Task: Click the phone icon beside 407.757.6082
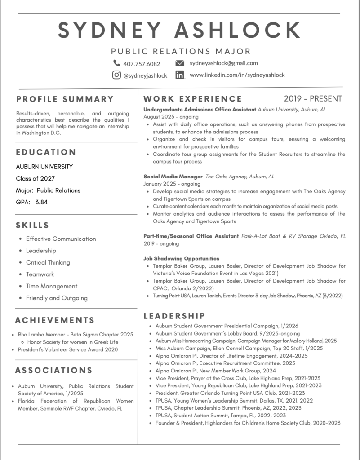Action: click(117, 63)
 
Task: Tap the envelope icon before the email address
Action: click(180, 63)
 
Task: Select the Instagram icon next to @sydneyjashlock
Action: click(116, 75)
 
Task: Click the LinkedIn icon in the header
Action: click(180, 75)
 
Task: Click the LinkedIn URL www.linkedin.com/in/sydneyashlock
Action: click(237, 75)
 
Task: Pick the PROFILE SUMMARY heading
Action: click(65, 99)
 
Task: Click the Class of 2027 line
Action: click(36, 178)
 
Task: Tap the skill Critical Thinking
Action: click(48, 262)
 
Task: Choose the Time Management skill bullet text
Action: click(52, 286)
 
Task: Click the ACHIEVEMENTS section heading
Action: click(55, 320)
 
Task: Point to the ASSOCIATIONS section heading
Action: click(54, 371)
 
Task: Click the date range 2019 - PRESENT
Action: click(313, 98)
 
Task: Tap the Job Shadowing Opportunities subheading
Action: click(181, 258)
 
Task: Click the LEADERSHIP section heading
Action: click(174, 316)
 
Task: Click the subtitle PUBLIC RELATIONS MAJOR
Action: click(181, 51)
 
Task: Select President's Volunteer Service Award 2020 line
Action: click(68, 349)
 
